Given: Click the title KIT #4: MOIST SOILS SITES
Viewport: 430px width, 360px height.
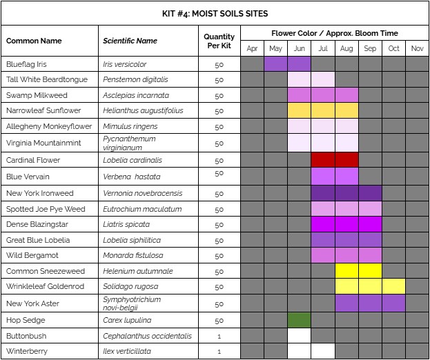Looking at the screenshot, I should (x=215, y=13).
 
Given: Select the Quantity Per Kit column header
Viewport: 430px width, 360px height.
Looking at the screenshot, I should (x=219, y=41).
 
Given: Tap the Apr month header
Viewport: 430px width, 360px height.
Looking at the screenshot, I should (x=252, y=48).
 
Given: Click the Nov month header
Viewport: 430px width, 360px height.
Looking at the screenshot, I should (x=417, y=48).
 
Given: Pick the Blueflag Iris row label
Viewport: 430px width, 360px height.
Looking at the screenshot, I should (x=27, y=64).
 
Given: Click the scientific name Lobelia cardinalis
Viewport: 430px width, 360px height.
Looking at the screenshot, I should (x=133, y=160).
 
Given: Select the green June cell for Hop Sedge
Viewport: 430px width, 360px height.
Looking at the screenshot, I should (x=299, y=320).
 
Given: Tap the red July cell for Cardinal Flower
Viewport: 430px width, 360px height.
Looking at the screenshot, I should (x=322, y=160).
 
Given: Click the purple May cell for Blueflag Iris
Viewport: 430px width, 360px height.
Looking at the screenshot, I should (x=275, y=64).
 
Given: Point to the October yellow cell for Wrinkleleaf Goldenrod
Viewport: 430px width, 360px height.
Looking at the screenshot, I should (x=393, y=286).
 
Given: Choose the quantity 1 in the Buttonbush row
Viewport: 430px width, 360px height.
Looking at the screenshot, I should (x=219, y=336).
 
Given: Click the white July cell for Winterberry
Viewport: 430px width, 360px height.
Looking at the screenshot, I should (x=322, y=351).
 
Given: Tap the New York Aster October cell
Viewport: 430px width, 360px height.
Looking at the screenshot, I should (x=393, y=303).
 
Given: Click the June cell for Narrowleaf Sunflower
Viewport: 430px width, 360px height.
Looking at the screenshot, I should (x=299, y=110).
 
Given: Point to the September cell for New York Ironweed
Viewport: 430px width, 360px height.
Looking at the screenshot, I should (x=370, y=193).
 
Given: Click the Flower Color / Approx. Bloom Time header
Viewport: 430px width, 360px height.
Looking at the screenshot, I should (x=334, y=33).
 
